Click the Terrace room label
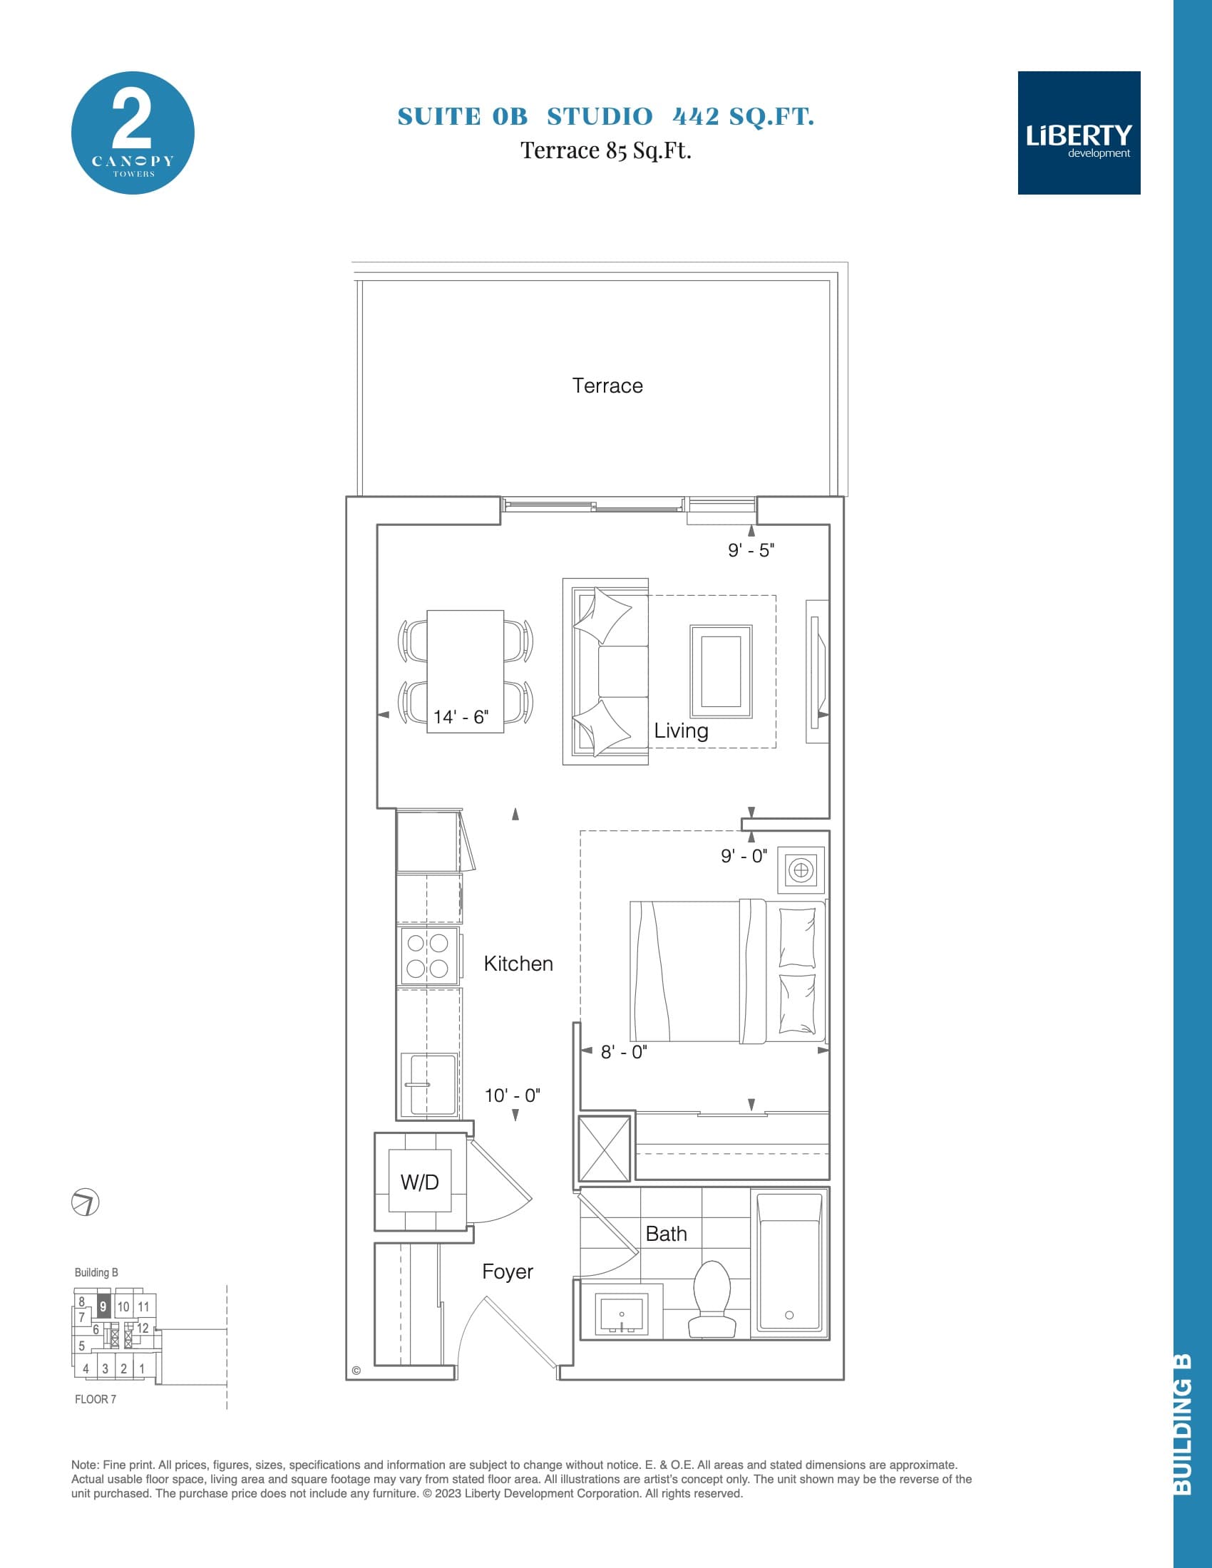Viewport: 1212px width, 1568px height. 607,386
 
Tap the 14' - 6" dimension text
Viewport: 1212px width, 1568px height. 461,716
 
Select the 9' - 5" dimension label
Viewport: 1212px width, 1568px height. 750,551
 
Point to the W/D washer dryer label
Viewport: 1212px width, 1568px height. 420,1182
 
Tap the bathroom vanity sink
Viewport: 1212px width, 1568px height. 621,1314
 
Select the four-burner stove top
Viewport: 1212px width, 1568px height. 428,956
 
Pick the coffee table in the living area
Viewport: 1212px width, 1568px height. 721,671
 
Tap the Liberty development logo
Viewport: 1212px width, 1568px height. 1079,133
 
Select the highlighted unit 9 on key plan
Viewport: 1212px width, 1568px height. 103,1306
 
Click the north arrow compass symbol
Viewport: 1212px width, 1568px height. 86,1202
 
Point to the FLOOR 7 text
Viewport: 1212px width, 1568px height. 96,1399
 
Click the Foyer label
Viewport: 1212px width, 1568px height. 507,1272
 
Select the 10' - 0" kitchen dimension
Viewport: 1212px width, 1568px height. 512,1095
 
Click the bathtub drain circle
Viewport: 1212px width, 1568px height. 789,1315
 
